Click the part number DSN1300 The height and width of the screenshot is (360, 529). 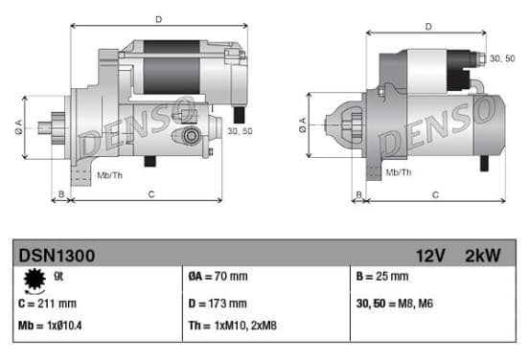(57, 256)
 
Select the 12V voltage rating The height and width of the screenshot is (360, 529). (430, 256)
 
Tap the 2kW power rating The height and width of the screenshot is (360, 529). (483, 256)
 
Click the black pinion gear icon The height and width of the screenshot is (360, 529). (34, 280)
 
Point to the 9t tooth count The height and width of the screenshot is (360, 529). (58, 277)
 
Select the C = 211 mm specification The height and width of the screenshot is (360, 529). (47, 304)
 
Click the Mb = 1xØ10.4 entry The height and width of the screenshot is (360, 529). (50, 326)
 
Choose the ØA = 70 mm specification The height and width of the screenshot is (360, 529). (218, 277)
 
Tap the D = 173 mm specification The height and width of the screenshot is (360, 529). (218, 304)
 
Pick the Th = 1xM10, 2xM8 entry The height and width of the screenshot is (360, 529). (233, 326)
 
